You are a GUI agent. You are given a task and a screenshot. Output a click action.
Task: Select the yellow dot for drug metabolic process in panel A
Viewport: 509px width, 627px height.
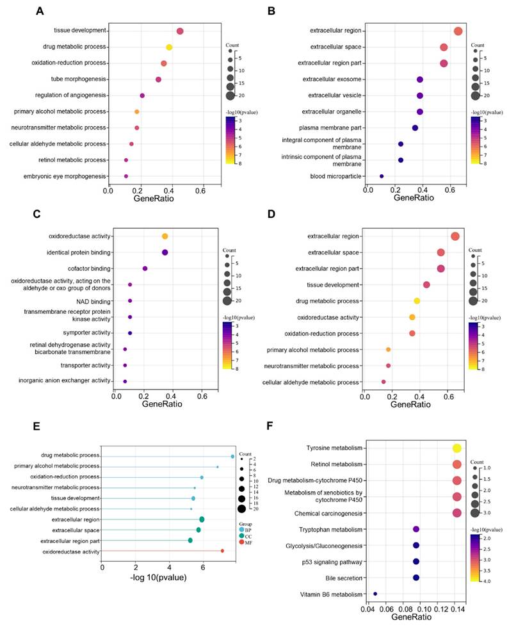[x=169, y=47]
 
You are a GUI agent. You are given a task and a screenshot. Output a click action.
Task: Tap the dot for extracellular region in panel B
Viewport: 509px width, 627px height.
[x=458, y=31]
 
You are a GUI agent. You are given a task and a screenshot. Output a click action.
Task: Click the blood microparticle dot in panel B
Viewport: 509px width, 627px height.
[x=382, y=176]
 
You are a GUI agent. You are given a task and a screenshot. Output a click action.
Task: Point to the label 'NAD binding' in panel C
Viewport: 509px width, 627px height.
[x=95, y=300]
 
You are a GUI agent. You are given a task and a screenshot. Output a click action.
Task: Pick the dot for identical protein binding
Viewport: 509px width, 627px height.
[x=165, y=252]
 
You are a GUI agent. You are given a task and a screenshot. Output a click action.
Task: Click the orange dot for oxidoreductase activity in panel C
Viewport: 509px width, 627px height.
[x=165, y=236]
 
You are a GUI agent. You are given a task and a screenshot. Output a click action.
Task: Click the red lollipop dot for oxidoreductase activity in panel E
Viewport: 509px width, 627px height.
[x=222, y=551]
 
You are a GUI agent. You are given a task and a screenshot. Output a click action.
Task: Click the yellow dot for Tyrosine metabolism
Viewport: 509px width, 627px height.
[x=456, y=448]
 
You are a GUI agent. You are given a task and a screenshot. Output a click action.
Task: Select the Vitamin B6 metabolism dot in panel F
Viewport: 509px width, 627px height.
[x=375, y=594]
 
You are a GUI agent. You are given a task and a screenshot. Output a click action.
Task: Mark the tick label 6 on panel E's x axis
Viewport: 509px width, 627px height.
[x=203, y=567]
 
